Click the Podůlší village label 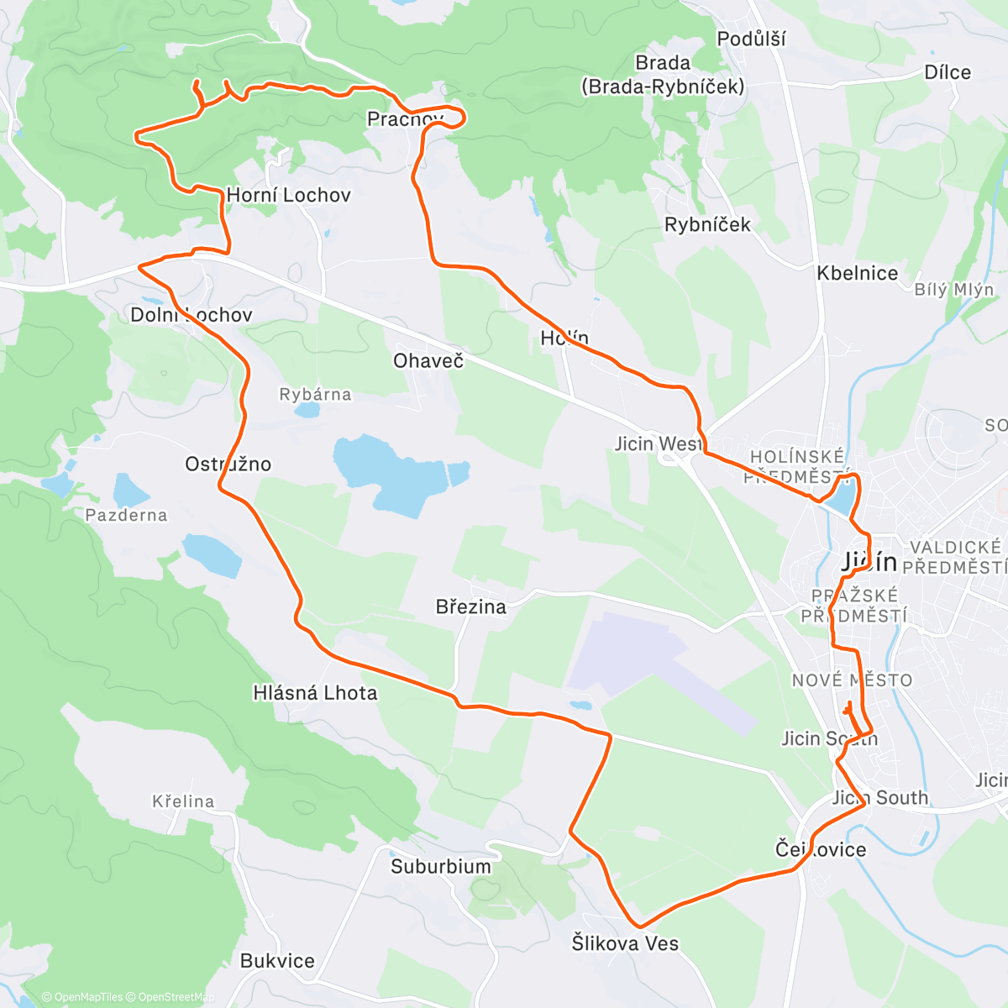point(751,39)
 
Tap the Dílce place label point(948,72)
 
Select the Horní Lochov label point(288,195)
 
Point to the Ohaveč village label point(428,360)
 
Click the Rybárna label point(315,394)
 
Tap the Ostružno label point(228,464)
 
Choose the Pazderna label point(126,515)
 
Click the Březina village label point(471,606)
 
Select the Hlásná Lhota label point(315,693)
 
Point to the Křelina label point(183,801)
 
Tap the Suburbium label point(440,866)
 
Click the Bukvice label point(277,961)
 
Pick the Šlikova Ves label point(625,943)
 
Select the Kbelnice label point(858,273)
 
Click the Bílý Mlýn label point(954,290)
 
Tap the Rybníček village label point(707,224)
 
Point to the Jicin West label point(658,444)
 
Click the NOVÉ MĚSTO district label point(852,680)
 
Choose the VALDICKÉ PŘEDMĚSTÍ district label point(955,557)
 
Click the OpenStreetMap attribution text point(176,997)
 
